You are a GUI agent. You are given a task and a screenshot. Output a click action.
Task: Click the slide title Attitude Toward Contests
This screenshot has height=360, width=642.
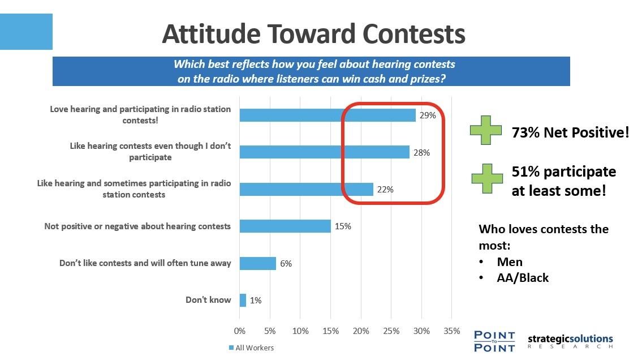(x=313, y=33)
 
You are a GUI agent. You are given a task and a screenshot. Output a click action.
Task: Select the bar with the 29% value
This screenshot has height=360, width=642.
(x=328, y=115)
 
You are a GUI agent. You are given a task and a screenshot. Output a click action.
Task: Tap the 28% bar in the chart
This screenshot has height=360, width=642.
(x=324, y=152)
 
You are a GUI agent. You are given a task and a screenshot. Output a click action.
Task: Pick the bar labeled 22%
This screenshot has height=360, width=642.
(x=306, y=189)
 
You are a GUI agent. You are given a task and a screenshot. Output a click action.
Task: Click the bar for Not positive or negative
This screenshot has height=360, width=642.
(x=285, y=226)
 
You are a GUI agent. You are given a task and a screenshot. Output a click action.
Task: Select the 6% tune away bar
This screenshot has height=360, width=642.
(x=258, y=263)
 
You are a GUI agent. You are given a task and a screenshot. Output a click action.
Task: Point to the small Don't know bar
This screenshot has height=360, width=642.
(x=243, y=300)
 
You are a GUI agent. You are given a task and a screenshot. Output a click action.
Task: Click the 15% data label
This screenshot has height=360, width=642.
(x=343, y=226)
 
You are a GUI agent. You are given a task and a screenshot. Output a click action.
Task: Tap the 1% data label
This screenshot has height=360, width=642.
(x=256, y=300)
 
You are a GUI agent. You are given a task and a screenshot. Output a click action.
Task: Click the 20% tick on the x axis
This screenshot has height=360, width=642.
(x=361, y=331)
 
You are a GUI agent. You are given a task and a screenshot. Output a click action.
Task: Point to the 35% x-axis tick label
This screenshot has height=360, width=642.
(x=451, y=331)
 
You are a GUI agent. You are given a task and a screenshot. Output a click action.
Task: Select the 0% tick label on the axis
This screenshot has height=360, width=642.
(x=239, y=331)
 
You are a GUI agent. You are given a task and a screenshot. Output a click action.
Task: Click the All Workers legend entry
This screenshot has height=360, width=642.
(x=251, y=348)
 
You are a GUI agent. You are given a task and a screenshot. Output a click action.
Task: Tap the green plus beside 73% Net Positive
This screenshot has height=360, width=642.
(x=485, y=130)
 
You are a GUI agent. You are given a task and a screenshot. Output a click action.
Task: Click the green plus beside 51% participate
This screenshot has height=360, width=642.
(x=487, y=178)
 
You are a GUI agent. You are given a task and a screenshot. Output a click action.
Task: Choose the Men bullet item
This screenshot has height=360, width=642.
(x=509, y=262)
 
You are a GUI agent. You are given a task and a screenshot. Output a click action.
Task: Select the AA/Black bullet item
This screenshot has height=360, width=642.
(x=523, y=278)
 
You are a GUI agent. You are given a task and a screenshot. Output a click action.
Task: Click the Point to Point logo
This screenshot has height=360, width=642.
(x=494, y=341)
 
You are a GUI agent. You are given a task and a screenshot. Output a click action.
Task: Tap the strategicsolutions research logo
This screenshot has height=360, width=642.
(x=570, y=341)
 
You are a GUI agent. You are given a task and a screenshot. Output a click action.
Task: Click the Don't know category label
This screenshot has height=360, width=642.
(x=208, y=300)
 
